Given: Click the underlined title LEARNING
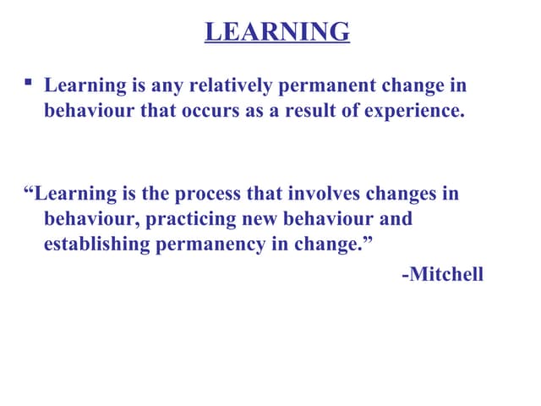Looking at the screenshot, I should click(277, 31).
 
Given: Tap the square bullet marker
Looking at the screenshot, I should click(29, 83).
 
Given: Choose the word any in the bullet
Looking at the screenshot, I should click(166, 86).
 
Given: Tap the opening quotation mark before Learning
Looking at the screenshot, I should click(30, 190).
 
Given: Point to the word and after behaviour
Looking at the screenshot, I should click(395, 219).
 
